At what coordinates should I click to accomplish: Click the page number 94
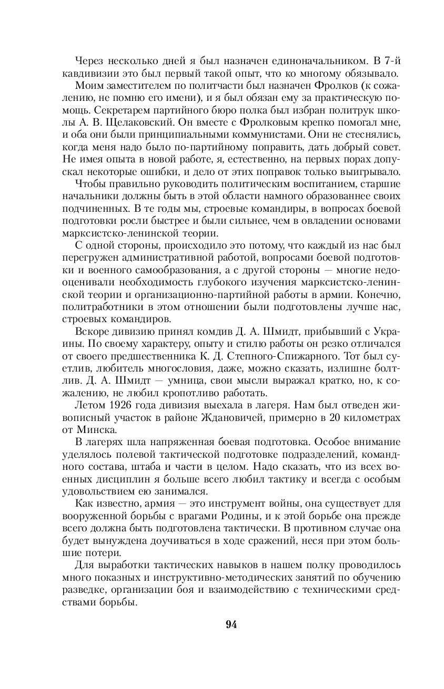pyautogui.click(x=231, y=624)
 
